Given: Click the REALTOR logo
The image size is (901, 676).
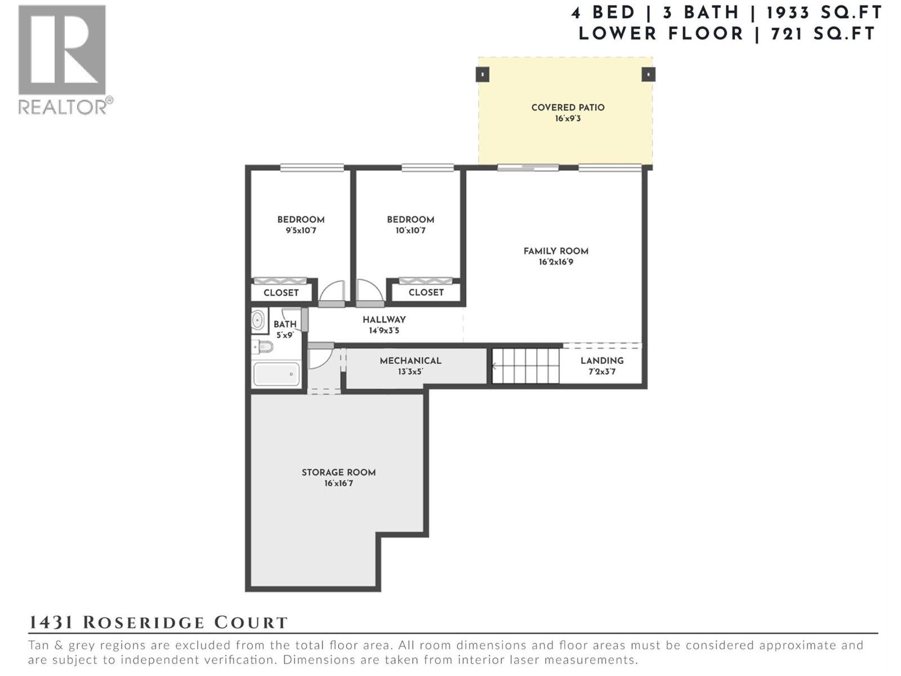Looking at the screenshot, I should pos(63,59).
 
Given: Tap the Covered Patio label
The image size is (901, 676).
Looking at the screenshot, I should pos(568,108).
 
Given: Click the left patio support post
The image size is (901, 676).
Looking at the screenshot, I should pos(483,74).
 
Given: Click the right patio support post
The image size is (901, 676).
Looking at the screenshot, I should pos(648,74).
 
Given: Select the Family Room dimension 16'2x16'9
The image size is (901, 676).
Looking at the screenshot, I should pos(556,262).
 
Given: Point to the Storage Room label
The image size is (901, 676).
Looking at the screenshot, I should pos(338,473).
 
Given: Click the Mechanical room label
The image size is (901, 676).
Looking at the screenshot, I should pos(410,361).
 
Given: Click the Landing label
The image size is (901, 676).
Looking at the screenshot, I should pos(602,361).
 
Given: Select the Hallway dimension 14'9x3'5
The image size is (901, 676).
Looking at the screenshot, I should pos(384,331).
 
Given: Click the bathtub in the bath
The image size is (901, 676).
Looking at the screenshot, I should pos(276,374).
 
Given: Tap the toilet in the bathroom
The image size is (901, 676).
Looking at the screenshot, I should pos(263,346).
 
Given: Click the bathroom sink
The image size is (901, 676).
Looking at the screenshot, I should pos(258,321).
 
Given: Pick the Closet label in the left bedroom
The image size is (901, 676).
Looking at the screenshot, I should pos(281,293).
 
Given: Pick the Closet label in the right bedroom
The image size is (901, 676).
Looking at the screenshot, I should pos(426,292).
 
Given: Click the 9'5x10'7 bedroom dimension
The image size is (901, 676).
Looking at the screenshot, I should pos(301,230).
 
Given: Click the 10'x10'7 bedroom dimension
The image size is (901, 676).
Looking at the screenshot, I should pos(410,230).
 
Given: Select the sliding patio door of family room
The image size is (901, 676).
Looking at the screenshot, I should pos(528,167).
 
